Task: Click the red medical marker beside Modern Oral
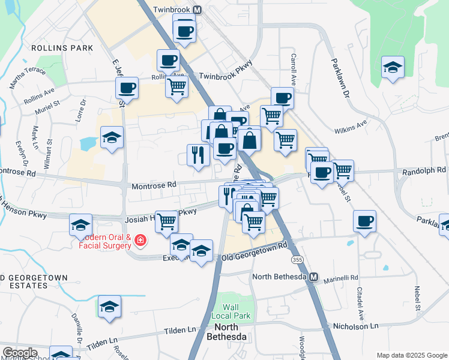point(140,241)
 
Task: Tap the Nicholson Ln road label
point(357,326)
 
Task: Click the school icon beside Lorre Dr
point(112,138)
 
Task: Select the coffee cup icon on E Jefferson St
point(127,88)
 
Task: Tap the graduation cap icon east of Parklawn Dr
point(393,67)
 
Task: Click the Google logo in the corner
point(20,353)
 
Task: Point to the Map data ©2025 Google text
point(411,355)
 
